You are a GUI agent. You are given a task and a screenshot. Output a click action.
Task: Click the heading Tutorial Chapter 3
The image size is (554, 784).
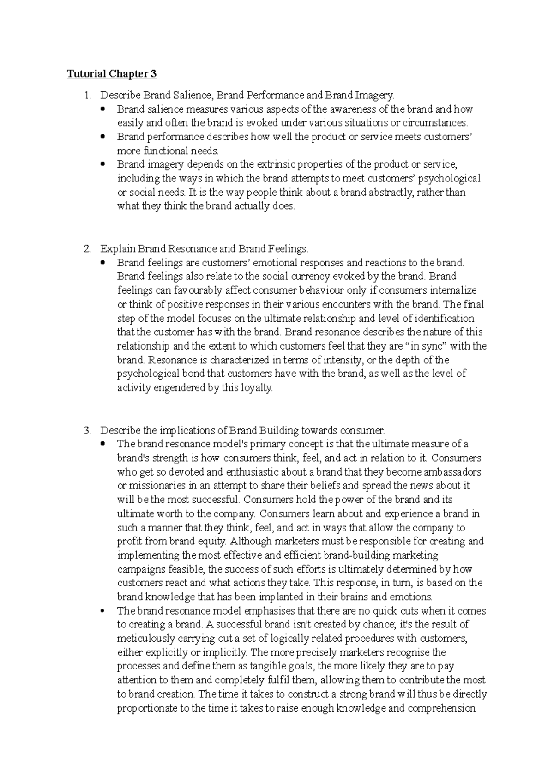tap(112, 74)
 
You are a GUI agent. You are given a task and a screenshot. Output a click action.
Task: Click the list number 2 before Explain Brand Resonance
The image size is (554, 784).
tap(87, 249)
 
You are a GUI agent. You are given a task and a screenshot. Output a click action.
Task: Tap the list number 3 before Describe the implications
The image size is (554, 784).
tap(87, 431)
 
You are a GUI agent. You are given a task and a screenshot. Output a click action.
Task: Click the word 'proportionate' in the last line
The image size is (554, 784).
tap(147, 708)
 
